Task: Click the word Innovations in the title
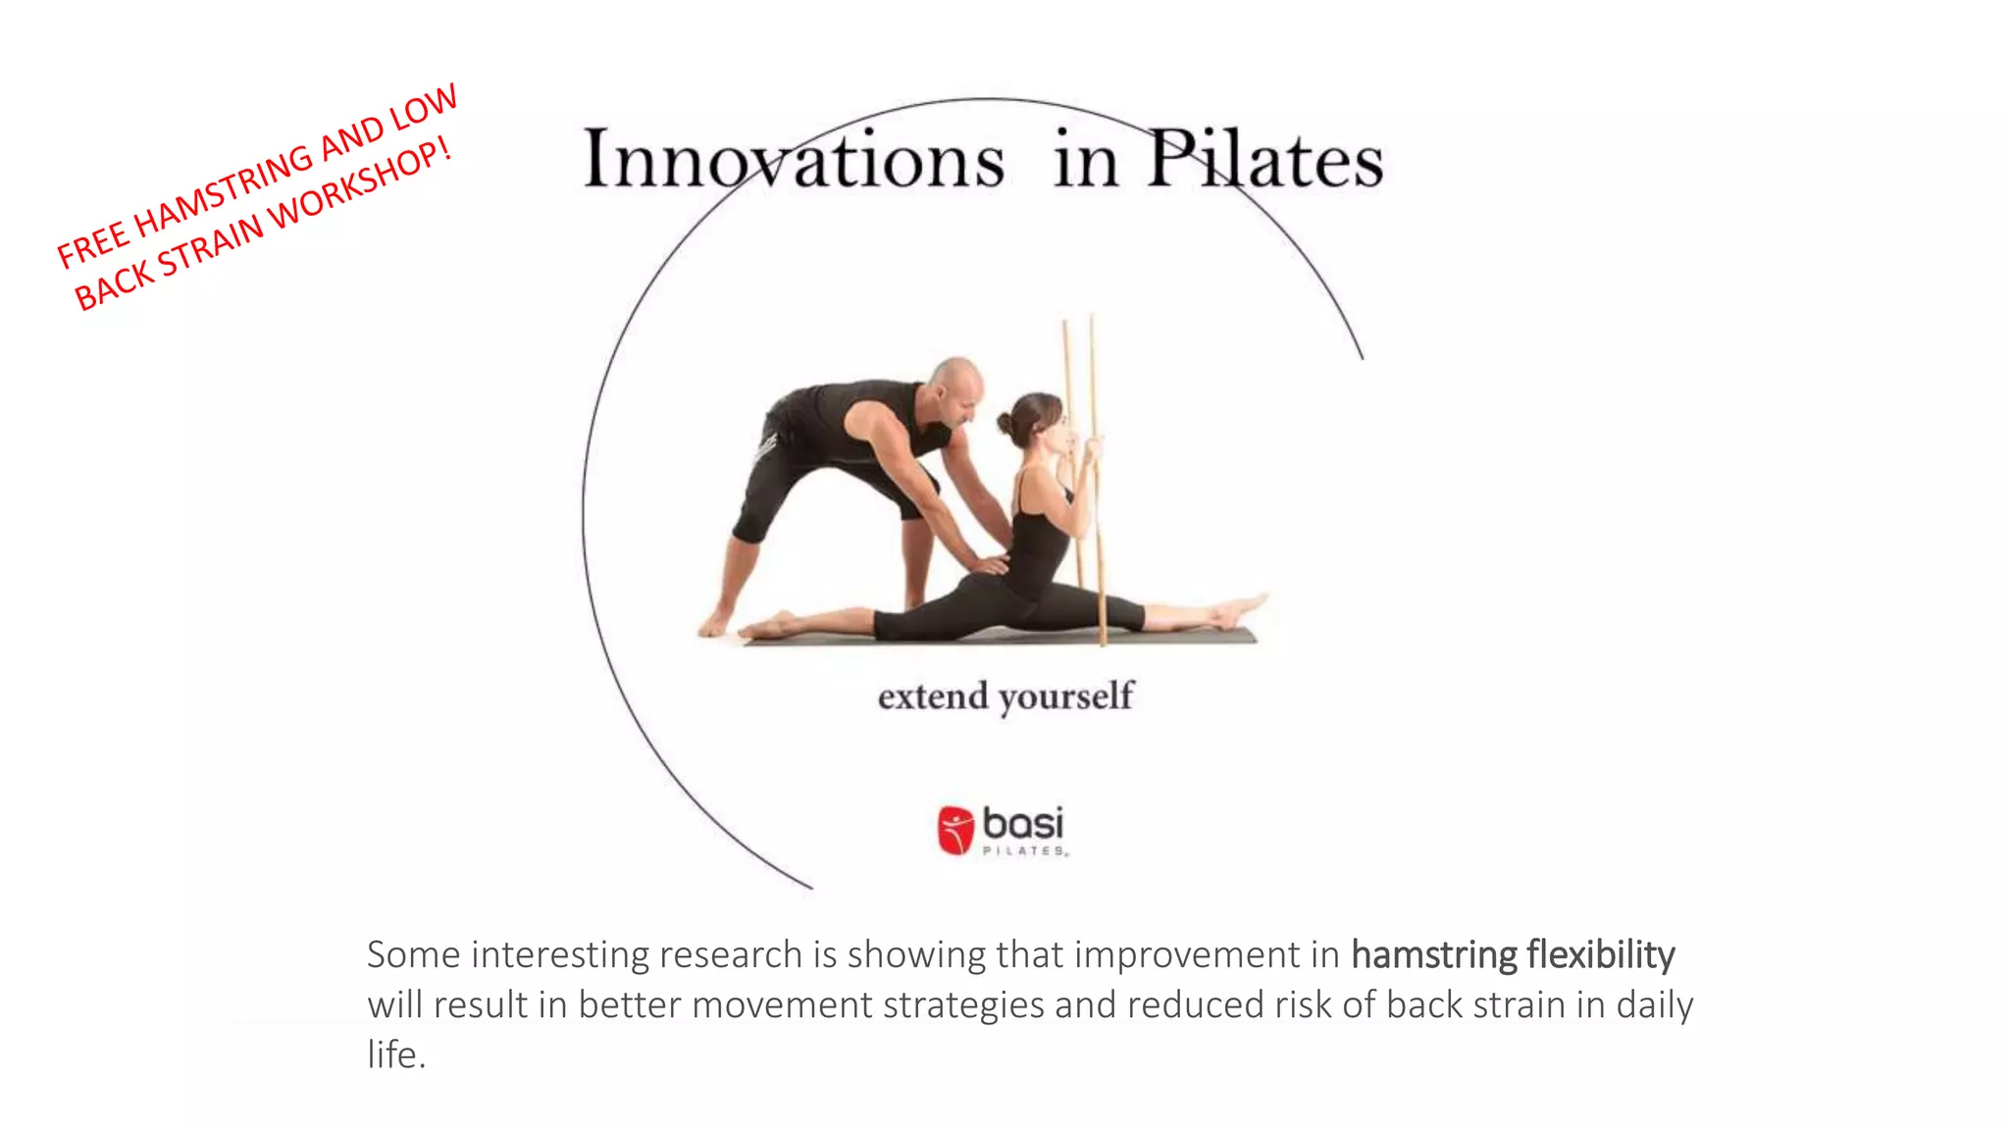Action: (794, 160)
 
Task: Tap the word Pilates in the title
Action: (1264, 160)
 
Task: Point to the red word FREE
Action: (91, 244)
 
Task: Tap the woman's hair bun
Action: (1005, 424)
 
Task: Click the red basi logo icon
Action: (954, 830)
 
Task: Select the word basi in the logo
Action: (1023, 823)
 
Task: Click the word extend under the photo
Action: (932, 696)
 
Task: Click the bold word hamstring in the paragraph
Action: (1433, 954)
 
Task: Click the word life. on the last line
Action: (395, 1055)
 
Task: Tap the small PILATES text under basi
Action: (1024, 851)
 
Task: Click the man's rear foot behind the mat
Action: (715, 622)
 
